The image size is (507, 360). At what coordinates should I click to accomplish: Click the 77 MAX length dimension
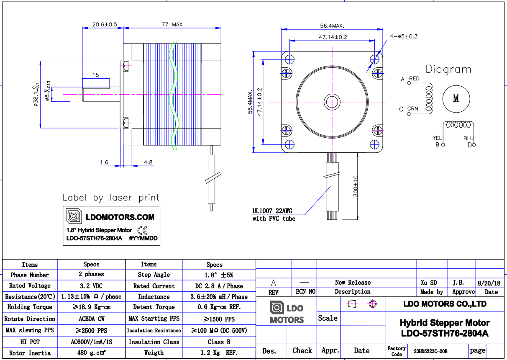point(172,25)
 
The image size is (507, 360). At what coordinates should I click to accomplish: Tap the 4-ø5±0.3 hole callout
point(404,36)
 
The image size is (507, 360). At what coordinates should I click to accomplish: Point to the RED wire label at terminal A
point(414,79)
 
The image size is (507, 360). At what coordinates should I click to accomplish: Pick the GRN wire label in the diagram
point(413,109)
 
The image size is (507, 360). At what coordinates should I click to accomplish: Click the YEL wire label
point(437,138)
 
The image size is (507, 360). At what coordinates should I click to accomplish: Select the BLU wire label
point(468,138)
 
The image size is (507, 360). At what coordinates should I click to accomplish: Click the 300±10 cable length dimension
point(356,185)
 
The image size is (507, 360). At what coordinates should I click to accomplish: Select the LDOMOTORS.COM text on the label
point(120,217)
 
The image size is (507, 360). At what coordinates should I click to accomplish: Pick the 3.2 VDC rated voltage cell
point(91,285)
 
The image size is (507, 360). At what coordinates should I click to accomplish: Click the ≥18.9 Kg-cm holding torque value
point(91,307)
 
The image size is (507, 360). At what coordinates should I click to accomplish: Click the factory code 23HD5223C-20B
point(430,351)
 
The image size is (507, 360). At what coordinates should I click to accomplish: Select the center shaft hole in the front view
point(333,101)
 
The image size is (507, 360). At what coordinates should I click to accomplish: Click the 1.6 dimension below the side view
point(104,162)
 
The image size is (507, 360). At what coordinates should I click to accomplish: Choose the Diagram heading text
point(448,69)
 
